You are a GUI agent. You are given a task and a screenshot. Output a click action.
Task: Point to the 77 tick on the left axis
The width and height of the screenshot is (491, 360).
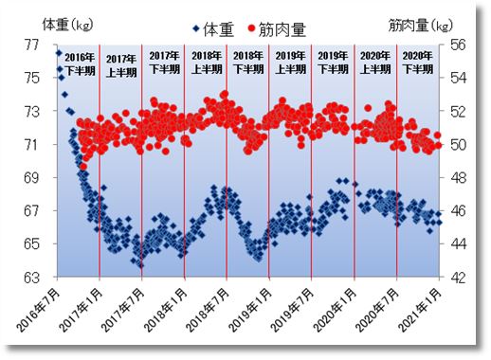pyautogui.click(x=33, y=44)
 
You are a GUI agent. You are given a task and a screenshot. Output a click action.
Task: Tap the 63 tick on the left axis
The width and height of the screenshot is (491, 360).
pyautogui.click(x=33, y=278)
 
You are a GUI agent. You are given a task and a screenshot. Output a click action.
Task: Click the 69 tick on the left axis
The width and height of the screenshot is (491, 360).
pyautogui.click(x=33, y=177)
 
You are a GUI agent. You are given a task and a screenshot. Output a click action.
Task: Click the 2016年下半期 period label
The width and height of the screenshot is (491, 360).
pyautogui.click(x=80, y=63)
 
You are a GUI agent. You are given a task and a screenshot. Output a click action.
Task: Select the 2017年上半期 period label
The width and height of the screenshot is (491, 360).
pyautogui.click(x=121, y=63)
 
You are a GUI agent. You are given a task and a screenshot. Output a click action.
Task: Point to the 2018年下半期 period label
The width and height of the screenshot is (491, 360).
pyautogui.click(x=248, y=63)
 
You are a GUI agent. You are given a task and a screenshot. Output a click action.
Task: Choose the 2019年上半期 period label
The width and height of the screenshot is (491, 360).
pyautogui.click(x=290, y=63)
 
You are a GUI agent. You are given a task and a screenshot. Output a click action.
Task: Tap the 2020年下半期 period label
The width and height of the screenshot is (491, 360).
pyautogui.click(x=417, y=63)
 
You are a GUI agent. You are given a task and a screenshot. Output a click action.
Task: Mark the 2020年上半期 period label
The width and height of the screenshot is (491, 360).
pyautogui.click(x=374, y=63)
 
